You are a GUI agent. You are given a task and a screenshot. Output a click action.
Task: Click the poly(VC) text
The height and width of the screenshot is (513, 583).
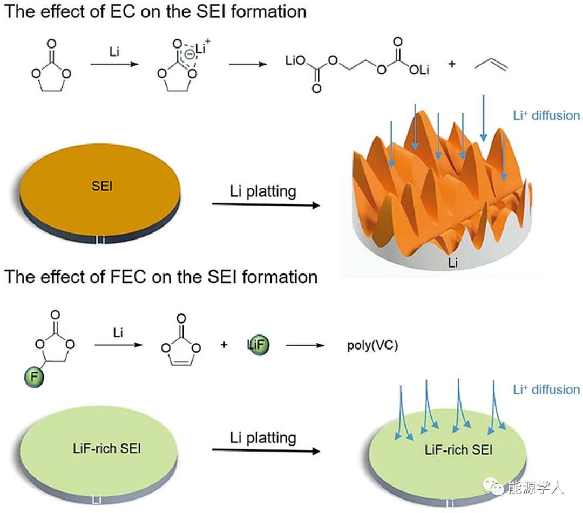pos(372,346)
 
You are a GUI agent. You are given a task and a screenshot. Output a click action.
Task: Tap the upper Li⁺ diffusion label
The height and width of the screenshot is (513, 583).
pos(546,115)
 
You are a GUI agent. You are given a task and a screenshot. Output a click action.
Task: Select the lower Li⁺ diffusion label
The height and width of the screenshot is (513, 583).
pos(546,389)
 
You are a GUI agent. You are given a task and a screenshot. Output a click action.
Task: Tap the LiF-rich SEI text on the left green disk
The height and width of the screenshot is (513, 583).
pos(101,448)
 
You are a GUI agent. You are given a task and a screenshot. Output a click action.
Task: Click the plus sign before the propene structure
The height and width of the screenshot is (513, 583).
pos(451,64)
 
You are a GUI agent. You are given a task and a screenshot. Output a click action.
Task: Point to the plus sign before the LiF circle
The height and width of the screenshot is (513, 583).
pos(224,345)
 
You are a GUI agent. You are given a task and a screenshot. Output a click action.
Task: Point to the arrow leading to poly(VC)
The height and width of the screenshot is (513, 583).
pos(307,345)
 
